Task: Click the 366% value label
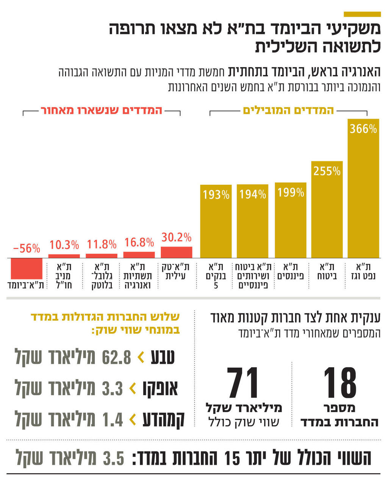(x=363, y=129)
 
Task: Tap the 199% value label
(x=291, y=192)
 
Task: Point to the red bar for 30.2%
(x=176, y=252)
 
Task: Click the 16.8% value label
(x=139, y=242)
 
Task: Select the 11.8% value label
(x=102, y=244)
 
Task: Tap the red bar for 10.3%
(x=64, y=256)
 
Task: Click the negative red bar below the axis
(x=27, y=268)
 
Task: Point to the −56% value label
(x=27, y=248)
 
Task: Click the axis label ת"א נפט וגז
(x=363, y=271)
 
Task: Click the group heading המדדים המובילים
(x=288, y=110)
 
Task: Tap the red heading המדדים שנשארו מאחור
(x=102, y=110)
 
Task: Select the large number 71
(x=243, y=383)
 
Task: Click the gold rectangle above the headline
(x=362, y=14)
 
